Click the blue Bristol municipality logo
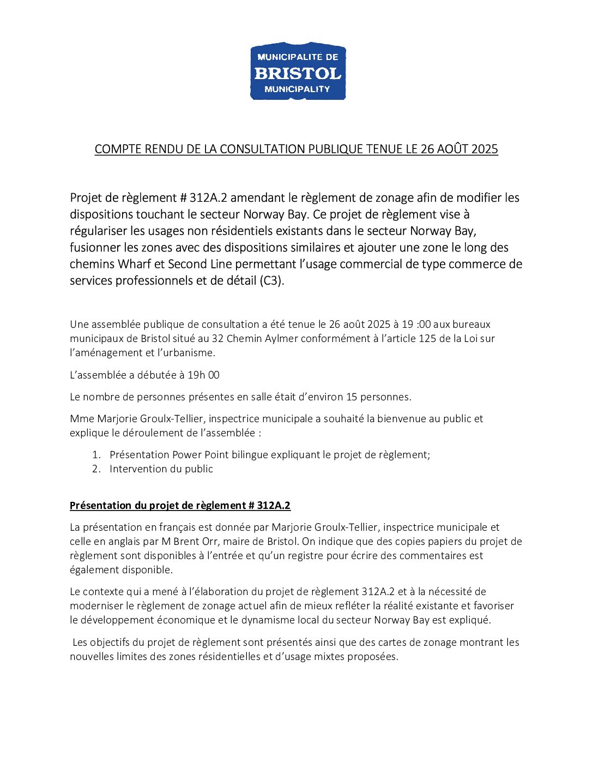pos(298,71)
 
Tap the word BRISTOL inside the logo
pos(298,73)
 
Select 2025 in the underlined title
pos(485,149)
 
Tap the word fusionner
pos(95,248)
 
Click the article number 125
pos(427,338)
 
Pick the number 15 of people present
pos(352,397)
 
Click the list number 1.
pos(96,454)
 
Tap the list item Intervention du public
pos(161,469)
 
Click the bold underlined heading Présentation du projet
pos(180,505)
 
